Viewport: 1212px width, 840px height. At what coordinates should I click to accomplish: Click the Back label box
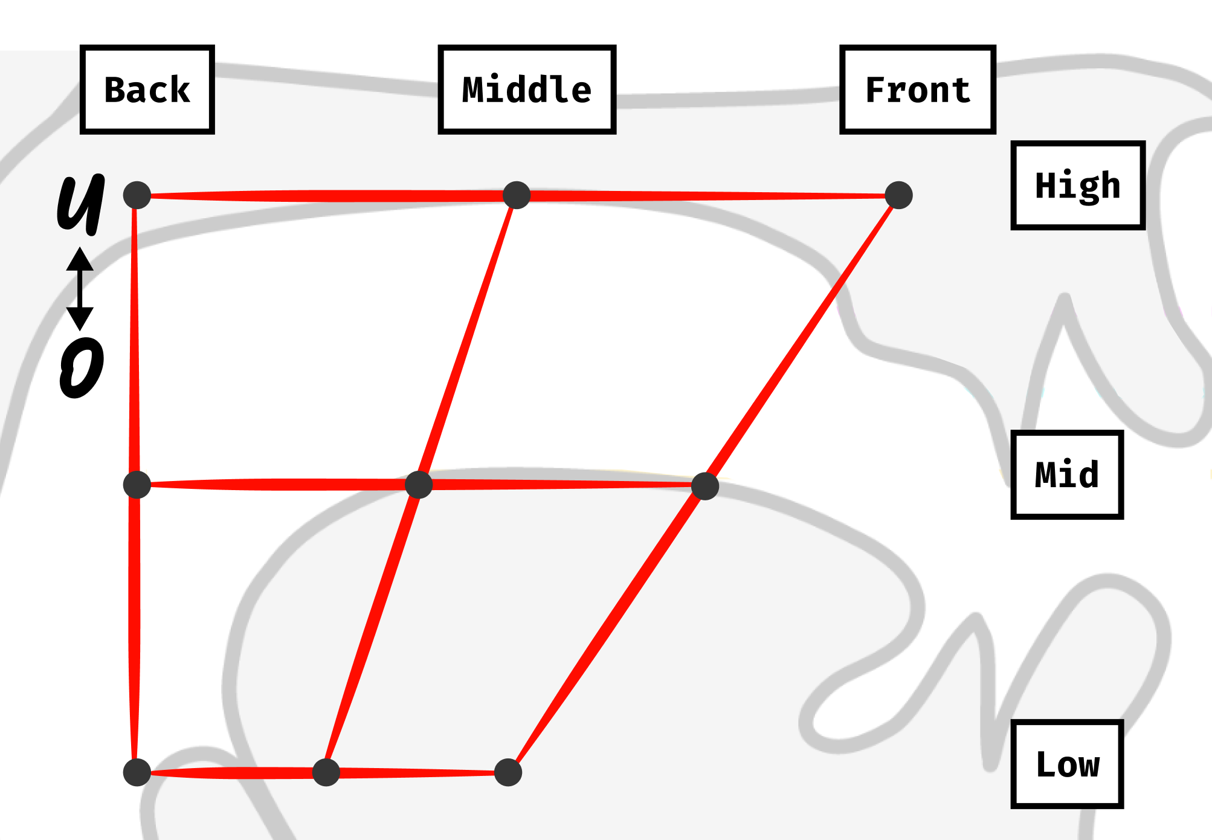tap(147, 89)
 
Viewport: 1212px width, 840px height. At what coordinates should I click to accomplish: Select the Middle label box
tap(527, 89)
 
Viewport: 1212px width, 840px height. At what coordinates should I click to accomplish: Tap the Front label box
tap(917, 89)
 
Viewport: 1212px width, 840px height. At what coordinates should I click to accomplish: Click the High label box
tap(1078, 186)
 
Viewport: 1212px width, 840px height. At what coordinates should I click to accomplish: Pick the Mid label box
tap(1067, 475)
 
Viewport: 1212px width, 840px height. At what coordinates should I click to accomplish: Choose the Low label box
tap(1067, 764)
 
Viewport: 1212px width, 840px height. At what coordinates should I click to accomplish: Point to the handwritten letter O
tap(82, 367)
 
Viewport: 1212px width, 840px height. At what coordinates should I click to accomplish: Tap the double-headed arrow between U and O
tap(80, 288)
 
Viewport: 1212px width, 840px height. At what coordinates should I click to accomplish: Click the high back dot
tap(137, 195)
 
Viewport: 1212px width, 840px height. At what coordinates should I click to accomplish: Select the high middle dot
tap(517, 195)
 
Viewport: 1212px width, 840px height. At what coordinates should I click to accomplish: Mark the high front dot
tap(898, 195)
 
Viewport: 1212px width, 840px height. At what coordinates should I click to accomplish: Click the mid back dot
tap(137, 485)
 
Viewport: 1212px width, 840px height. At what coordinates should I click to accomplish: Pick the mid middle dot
tap(419, 485)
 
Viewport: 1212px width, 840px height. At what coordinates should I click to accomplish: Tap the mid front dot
tap(704, 486)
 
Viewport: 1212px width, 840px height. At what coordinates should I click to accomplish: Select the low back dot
tap(137, 772)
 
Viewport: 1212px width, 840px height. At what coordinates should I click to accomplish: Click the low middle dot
tap(326, 772)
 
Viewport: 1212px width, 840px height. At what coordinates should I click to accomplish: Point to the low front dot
tap(508, 772)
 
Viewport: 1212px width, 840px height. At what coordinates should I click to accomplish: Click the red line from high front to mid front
tap(802, 340)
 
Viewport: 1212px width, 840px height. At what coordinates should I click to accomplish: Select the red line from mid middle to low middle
tap(372, 628)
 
